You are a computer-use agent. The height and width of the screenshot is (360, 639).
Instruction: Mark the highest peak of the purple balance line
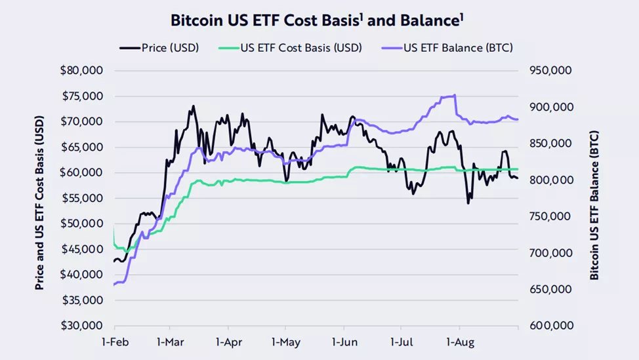[455, 95]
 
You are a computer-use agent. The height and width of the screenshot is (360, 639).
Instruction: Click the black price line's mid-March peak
[193, 106]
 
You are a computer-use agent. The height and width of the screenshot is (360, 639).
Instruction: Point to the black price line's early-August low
[468, 203]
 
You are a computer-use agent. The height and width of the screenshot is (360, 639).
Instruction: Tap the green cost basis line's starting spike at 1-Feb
[115, 226]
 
